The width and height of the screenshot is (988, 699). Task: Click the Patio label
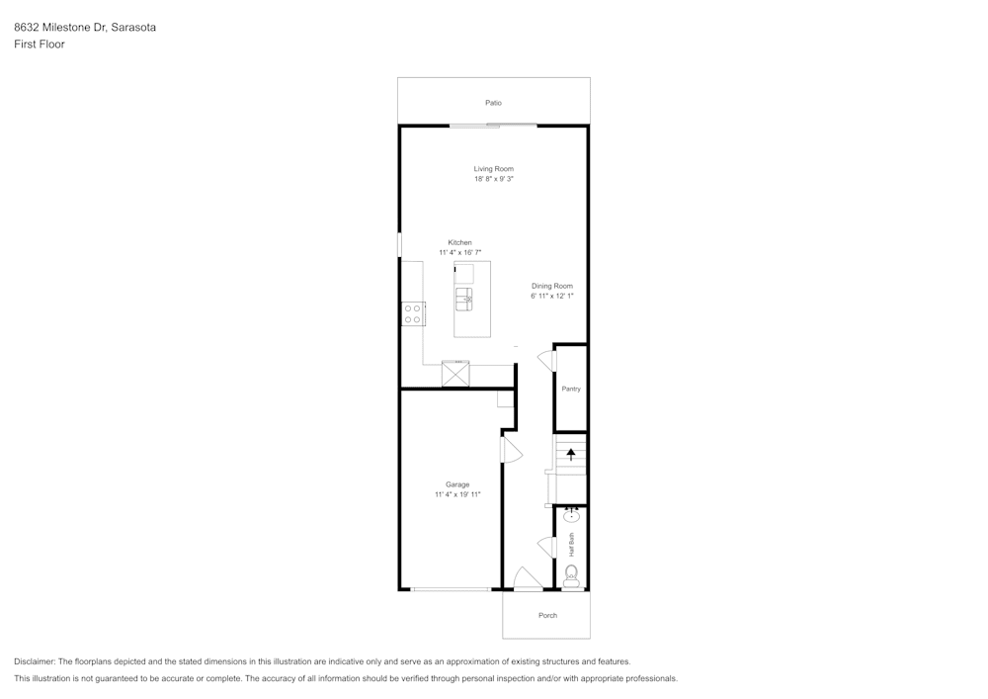pos(493,103)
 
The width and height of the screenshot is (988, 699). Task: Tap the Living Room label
pos(494,169)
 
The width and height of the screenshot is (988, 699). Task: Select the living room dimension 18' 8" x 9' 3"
pos(494,179)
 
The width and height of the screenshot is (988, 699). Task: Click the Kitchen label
pos(460,242)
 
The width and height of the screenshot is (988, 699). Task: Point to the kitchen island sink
pos(464,299)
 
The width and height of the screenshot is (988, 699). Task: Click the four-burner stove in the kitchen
pos(413,313)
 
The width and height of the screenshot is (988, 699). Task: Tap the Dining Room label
pos(552,286)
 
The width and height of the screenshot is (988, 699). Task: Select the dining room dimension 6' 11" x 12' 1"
pos(552,297)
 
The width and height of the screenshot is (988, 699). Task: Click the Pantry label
pos(571,389)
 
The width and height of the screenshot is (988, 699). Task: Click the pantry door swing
pos(547,361)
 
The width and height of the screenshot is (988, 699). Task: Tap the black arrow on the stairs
pos(571,455)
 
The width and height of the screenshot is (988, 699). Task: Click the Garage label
pos(457,484)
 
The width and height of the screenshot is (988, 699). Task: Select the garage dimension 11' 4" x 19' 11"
pos(457,494)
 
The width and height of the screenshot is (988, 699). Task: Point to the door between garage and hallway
pos(512,450)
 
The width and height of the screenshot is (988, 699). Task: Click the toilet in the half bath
pos(571,576)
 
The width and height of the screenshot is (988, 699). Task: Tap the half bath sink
pos(571,516)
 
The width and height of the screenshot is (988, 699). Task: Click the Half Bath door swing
pos(547,547)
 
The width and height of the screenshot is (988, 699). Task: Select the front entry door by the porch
pos(528,579)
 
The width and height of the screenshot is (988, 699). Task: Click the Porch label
pos(547,616)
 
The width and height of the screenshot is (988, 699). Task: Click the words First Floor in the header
pos(40,44)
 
